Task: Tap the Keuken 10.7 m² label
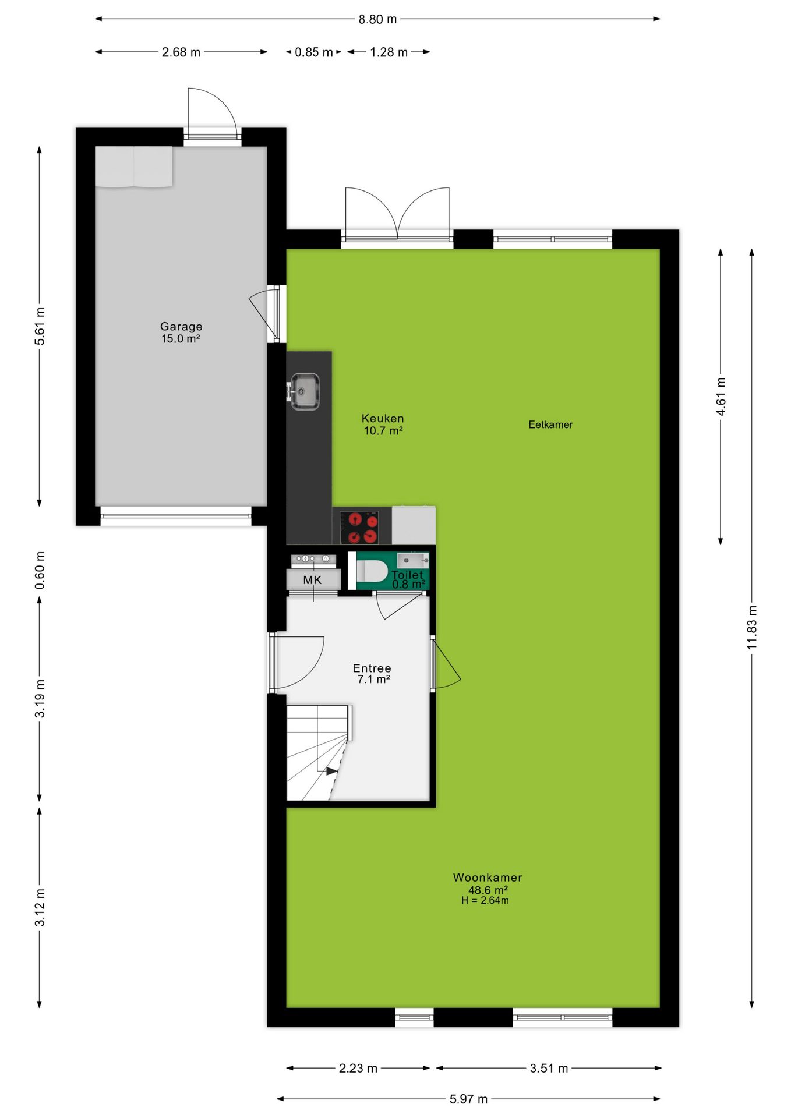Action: pos(383,424)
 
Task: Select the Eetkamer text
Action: pos(550,424)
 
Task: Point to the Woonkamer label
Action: pos(488,877)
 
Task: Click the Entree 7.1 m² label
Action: pos(372,673)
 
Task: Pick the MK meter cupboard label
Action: pos(312,580)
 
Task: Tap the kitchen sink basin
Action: pos(305,391)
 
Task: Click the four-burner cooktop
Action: pos(359,527)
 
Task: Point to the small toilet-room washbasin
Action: pos(413,561)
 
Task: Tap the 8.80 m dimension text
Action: pos(377,19)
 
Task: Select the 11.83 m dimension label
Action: pos(752,627)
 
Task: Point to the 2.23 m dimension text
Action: pos(358,1068)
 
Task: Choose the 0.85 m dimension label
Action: pos(314,52)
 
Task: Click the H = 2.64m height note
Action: pos(485,900)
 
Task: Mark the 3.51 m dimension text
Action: pos(549,1068)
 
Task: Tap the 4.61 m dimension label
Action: pos(721,397)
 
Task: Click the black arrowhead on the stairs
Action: pos(331,771)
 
